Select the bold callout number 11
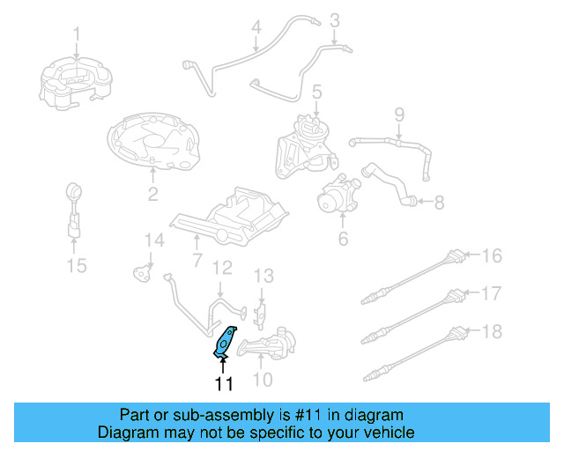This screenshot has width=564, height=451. coord(223,383)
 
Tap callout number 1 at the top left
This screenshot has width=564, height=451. coord(77,34)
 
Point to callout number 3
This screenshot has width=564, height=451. coord(335,19)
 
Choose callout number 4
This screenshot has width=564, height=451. coord(256,27)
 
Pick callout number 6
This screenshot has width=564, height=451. coord(343,239)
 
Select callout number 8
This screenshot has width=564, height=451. coord(439,202)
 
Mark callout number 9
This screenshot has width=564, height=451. coord(398,114)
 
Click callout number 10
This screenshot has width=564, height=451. coord(263,380)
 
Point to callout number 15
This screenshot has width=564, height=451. coord(78,265)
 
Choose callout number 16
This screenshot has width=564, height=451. coord(491,255)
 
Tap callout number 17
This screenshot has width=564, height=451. coord(491,292)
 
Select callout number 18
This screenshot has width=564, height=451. coord(491,330)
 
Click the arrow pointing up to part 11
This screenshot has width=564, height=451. coord(223,363)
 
